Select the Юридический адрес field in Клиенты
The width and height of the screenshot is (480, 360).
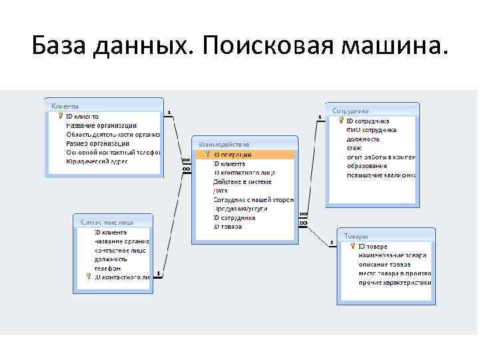97,161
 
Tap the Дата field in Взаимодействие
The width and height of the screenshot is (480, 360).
220,191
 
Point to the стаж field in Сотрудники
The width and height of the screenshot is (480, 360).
354,148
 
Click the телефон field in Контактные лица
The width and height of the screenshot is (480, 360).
107,268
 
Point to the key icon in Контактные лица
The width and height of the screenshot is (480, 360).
88,277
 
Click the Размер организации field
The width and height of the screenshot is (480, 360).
97,143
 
